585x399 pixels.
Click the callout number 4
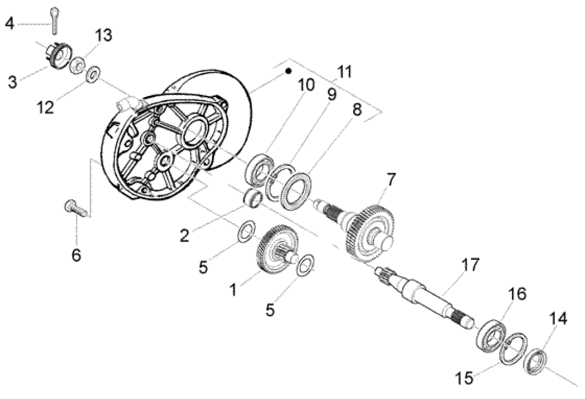[9, 23]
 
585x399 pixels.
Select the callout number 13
[103, 35]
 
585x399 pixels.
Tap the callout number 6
[76, 255]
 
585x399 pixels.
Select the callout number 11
[344, 72]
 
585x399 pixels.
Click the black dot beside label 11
[289, 72]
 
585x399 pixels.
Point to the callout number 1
[233, 289]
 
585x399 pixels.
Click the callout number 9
[332, 94]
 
